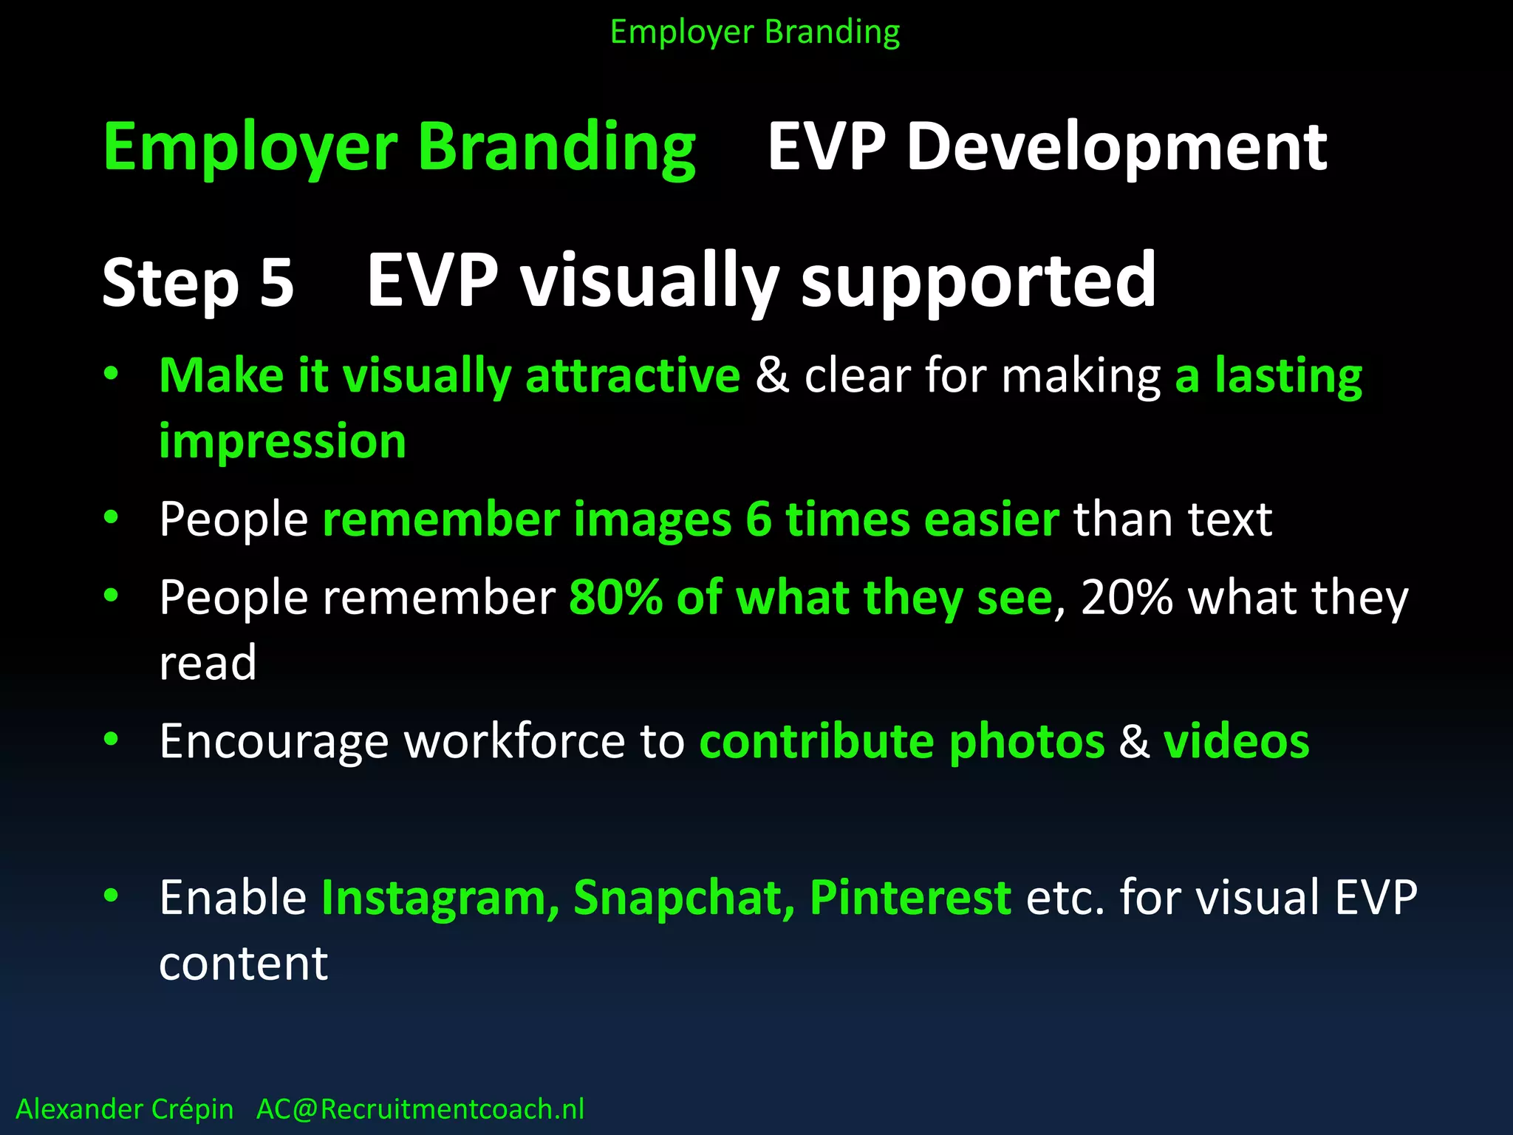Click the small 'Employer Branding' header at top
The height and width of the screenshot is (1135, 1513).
coord(755,33)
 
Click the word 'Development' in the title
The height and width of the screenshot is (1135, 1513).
coord(1116,148)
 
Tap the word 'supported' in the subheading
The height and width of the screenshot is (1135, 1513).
coord(979,281)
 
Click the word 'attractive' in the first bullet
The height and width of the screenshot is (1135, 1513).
coord(632,375)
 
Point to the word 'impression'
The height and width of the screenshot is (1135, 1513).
coord(282,441)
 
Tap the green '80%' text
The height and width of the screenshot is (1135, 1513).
coord(615,597)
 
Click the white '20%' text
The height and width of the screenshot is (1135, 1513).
coord(1127,597)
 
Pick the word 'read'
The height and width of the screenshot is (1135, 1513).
coord(208,663)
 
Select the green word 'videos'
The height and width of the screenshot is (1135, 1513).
coord(1236,741)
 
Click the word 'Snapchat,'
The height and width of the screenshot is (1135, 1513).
coord(684,898)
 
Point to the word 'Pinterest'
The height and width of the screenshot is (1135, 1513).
coord(910,898)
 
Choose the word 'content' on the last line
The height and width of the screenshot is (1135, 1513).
coord(243,964)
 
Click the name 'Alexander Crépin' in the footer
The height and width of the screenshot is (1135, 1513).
coord(124,1109)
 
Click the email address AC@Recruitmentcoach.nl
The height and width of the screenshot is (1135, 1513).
coord(420,1109)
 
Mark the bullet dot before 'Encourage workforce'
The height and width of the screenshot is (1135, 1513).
coord(111,739)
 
